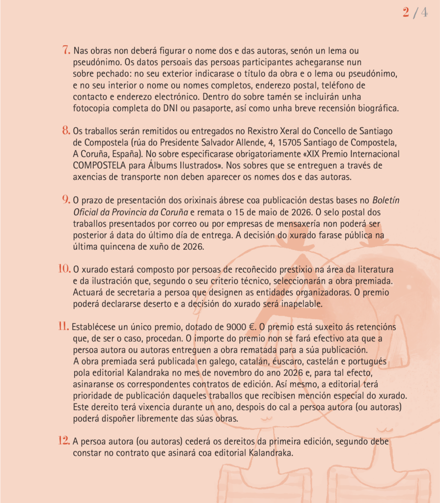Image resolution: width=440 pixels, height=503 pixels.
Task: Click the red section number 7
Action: [66, 50]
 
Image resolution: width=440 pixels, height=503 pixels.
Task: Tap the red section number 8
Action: [66, 131]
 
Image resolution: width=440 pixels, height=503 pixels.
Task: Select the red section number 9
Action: [66, 199]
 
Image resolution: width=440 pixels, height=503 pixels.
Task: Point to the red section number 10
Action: [65, 269]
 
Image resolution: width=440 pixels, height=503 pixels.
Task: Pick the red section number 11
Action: [64, 326]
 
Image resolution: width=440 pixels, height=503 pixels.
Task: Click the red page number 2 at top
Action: [406, 13]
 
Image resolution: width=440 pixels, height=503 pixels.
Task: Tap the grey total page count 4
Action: [423, 13]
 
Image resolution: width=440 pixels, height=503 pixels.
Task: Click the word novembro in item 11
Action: [229, 373]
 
